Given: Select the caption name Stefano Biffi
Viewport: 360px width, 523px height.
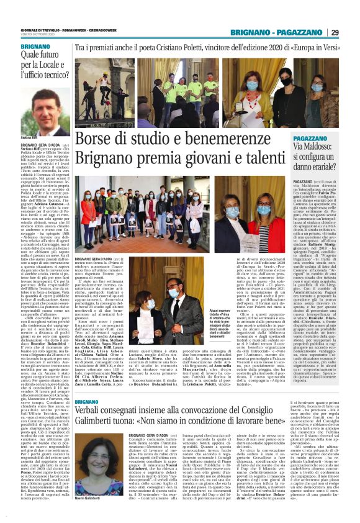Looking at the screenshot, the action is [31, 139].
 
